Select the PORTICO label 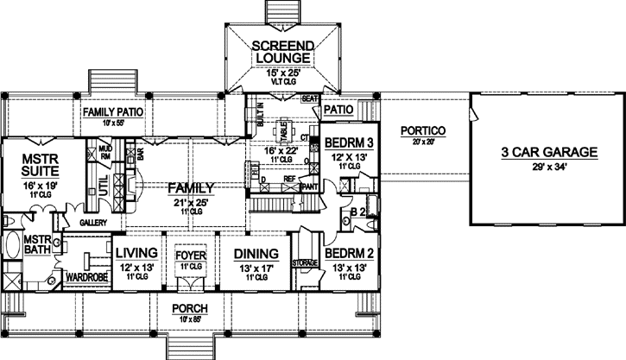(422, 130)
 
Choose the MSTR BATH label (39, 246)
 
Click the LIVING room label (136, 253)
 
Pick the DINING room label (256, 254)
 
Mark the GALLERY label (92, 222)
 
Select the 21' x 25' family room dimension (191, 201)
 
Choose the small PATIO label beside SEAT (338, 111)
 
